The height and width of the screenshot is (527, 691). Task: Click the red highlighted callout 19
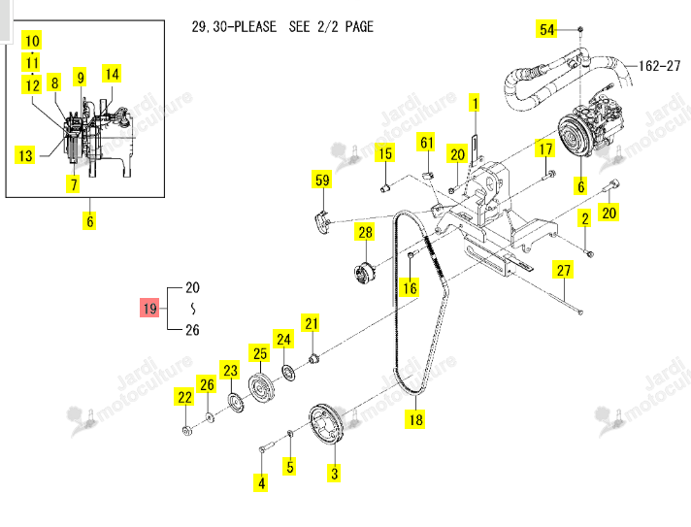pos(149,308)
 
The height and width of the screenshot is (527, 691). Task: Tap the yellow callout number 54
pos(546,29)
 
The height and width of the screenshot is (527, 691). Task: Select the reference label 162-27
pos(659,66)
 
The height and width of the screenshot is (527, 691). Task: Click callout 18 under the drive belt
pos(415,419)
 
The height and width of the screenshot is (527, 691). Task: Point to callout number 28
pos(365,232)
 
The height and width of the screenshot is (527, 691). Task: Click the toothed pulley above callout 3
pos(326,424)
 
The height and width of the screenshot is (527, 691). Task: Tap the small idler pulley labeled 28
pos(365,273)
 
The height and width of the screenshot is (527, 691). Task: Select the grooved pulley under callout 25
pos(261,387)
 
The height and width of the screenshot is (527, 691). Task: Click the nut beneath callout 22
pos(187,430)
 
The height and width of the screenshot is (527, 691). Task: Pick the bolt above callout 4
pos(267,446)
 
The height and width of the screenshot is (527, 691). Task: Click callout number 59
pos(322,180)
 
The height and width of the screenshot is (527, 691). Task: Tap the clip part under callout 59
pos(323,222)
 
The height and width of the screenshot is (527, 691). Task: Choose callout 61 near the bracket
pos(426,143)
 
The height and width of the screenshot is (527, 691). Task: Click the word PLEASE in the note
pos(255,27)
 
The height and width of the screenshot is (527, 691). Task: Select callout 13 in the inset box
pos(25,155)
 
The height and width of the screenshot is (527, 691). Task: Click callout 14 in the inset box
pos(112,74)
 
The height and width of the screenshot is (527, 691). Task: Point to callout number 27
pos(563,270)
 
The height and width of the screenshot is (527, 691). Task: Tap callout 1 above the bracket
pos(475,104)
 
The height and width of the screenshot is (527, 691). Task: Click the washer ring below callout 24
pos(288,373)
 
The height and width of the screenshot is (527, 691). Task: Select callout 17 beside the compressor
pos(545,148)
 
